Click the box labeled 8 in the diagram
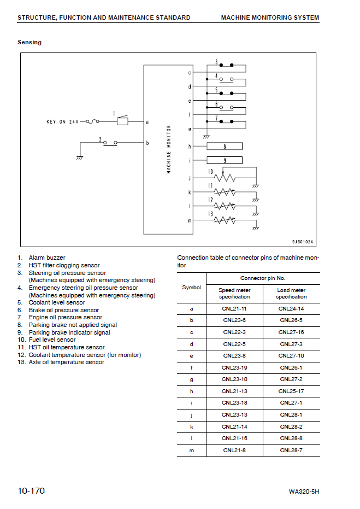[225, 146]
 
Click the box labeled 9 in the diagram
[225, 160]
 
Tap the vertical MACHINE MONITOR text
[169, 149]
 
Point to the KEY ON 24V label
[62, 122]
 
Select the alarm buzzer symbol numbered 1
[123, 121]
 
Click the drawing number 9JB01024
[302, 241]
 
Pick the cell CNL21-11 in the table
[235, 309]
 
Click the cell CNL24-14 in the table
[291, 309]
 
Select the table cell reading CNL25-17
[291, 391]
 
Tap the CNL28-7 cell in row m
[291, 450]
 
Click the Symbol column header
[191, 288]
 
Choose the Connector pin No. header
[263, 278]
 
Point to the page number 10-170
[31, 490]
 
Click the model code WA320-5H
[304, 492]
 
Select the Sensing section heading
[29, 42]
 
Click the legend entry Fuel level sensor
[52, 340]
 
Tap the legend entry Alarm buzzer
[47, 258]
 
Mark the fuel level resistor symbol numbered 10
[224, 178]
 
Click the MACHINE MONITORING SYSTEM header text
[270, 17]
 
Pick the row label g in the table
[191, 379]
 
